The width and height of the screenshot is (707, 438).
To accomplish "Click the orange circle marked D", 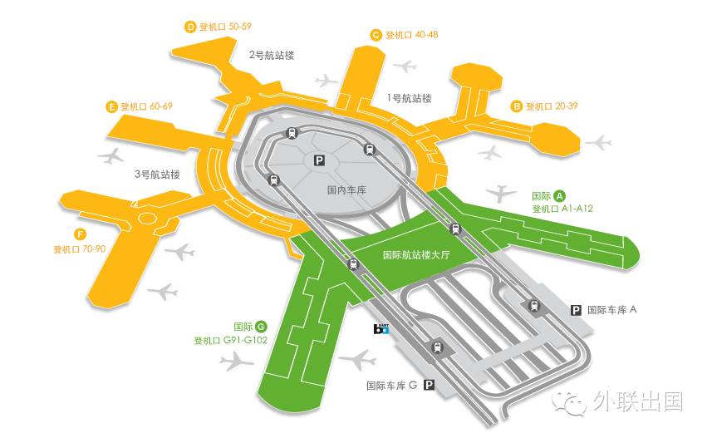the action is coord(189,27).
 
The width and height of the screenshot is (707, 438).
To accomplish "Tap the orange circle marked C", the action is coord(376,35).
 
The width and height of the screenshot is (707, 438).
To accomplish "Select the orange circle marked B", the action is coord(516,106).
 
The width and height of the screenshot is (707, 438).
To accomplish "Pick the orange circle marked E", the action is coord(110,106).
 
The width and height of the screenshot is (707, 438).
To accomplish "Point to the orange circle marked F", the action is coord(80,234).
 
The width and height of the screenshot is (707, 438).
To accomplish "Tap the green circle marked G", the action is coord(261,327).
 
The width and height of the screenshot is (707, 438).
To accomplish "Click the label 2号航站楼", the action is coord(272,56).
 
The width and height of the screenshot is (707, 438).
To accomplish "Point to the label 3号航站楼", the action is coord(157,175).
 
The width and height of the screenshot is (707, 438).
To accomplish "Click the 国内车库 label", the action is coord(347,190).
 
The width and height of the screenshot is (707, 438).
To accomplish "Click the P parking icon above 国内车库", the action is coord(318,160).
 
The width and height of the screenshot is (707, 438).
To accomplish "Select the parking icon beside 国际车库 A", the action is coord(575,310).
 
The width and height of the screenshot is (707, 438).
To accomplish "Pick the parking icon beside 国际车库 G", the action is coord(429,385).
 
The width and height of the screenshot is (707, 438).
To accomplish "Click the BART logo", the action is coord(381,328).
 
